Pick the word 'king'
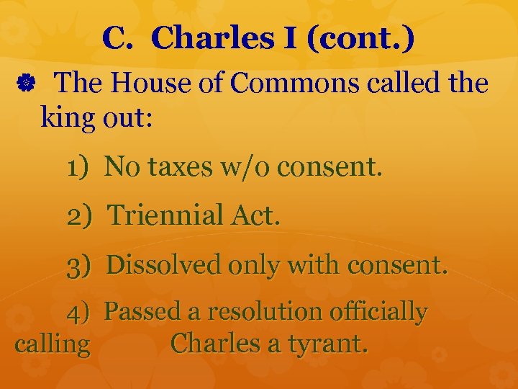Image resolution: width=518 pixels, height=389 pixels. point(68,117)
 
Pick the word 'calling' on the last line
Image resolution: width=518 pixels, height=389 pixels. point(53,344)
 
